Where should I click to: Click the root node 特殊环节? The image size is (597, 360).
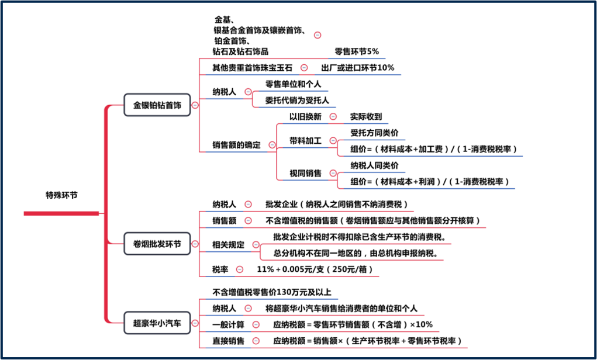click(61, 195)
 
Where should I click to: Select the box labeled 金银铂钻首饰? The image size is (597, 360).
click(157, 106)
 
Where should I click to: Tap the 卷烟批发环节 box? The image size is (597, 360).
click(157, 244)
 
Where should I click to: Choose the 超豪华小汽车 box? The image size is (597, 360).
click(157, 323)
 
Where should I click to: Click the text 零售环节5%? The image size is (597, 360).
click(356, 51)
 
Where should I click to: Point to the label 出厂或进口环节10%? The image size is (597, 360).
click(357, 68)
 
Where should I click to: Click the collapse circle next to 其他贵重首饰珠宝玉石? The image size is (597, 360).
click(304, 68)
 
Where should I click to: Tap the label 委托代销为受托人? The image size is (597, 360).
click(297, 100)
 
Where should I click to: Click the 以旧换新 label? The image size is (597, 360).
click(305, 116)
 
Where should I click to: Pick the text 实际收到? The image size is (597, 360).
click(365, 116)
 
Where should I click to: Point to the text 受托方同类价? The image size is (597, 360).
click(374, 133)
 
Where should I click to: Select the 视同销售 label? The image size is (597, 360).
click(305, 174)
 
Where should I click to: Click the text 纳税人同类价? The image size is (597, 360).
click(374, 165)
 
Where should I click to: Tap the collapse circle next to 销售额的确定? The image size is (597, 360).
click(272, 144)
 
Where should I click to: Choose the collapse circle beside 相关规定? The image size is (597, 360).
click(256, 245)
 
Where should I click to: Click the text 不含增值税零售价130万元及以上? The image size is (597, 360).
click(275, 292)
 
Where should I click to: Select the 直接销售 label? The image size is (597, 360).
click(229, 341)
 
